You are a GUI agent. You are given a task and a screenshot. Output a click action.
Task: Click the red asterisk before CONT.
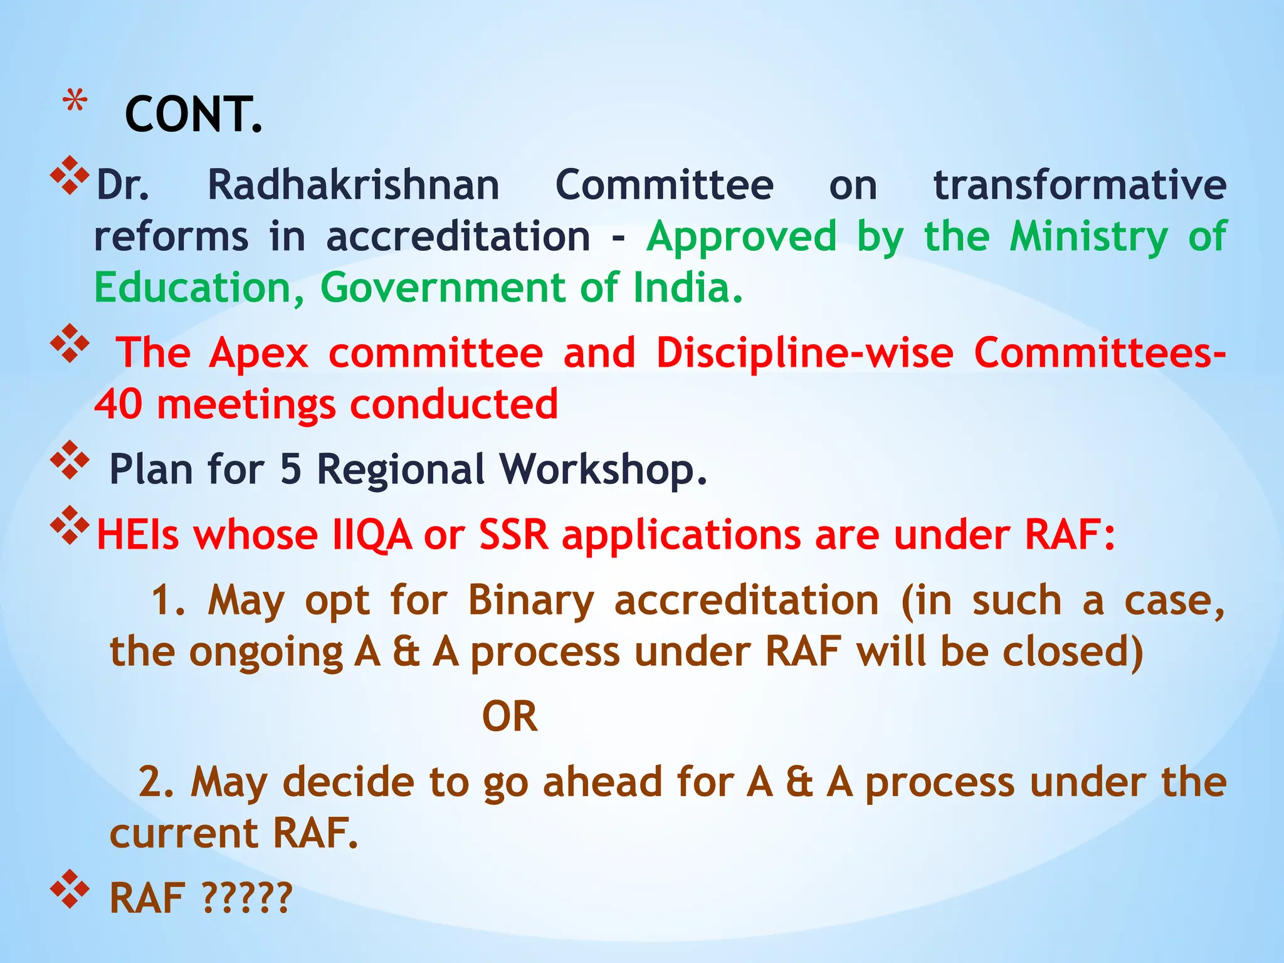[x=75, y=101]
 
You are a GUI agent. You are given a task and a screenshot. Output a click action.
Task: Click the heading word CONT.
[x=193, y=115]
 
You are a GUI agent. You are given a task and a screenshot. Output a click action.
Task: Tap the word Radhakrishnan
[x=353, y=186]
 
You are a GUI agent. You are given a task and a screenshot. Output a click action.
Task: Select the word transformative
[x=1080, y=186]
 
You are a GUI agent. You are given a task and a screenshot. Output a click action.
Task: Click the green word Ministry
[x=1089, y=238]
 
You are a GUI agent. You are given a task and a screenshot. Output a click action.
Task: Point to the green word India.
[x=688, y=288]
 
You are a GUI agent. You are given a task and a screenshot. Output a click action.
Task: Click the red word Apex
[x=259, y=353]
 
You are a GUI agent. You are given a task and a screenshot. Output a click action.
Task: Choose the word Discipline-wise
[x=804, y=353]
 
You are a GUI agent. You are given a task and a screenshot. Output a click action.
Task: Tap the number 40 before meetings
[x=118, y=404]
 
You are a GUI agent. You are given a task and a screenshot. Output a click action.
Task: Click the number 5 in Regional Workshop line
[x=290, y=469]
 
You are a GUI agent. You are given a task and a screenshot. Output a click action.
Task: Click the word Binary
[x=530, y=601]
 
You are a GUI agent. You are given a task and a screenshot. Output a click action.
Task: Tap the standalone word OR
[x=510, y=717]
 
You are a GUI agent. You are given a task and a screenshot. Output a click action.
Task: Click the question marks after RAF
[x=248, y=898]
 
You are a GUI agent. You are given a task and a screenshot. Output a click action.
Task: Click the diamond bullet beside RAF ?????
[x=70, y=888]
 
